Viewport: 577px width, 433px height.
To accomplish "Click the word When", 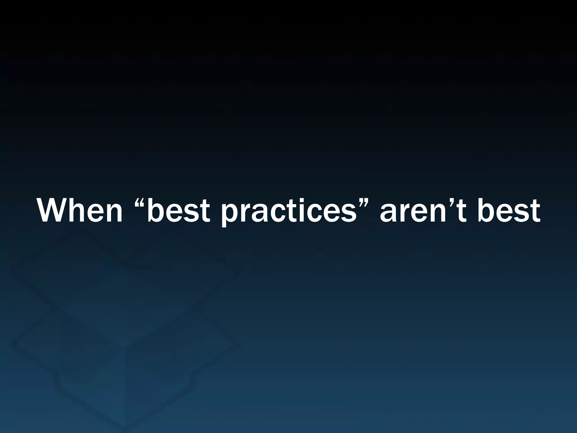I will pyautogui.click(x=80, y=211).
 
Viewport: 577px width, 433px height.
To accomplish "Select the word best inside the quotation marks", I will pyautogui.click(x=179, y=211).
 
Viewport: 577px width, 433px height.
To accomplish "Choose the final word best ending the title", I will pyautogui.click(x=509, y=211).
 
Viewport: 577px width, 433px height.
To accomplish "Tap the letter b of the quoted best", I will pyautogui.click(x=157, y=211).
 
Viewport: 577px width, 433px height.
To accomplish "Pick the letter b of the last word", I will pyautogui.click(x=487, y=211).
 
